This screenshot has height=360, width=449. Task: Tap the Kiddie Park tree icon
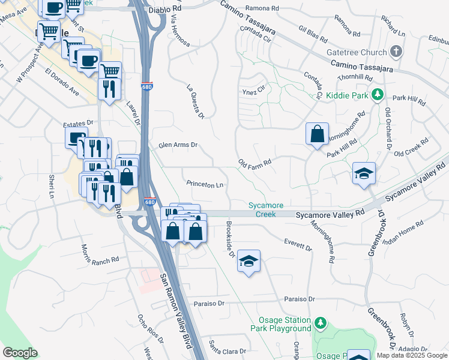[x=377, y=94]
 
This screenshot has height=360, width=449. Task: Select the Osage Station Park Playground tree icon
[x=321, y=324]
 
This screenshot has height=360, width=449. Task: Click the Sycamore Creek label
[x=266, y=209]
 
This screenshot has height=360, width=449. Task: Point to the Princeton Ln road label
[x=205, y=185]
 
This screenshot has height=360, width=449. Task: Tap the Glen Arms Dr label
[x=178, y=145]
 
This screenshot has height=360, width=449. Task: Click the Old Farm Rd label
[x=255, y=163]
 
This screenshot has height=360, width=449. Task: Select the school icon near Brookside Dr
[x=249, y=261]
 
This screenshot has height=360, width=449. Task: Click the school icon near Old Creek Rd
[x=364, y=173]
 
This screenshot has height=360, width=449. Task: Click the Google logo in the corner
[x=20, y=353]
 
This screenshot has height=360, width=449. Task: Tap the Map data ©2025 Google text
[x=412, y=355]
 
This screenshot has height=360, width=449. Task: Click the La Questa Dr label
[x=197, y=101]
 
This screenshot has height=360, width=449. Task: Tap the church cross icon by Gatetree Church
[x=396, y=52]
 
